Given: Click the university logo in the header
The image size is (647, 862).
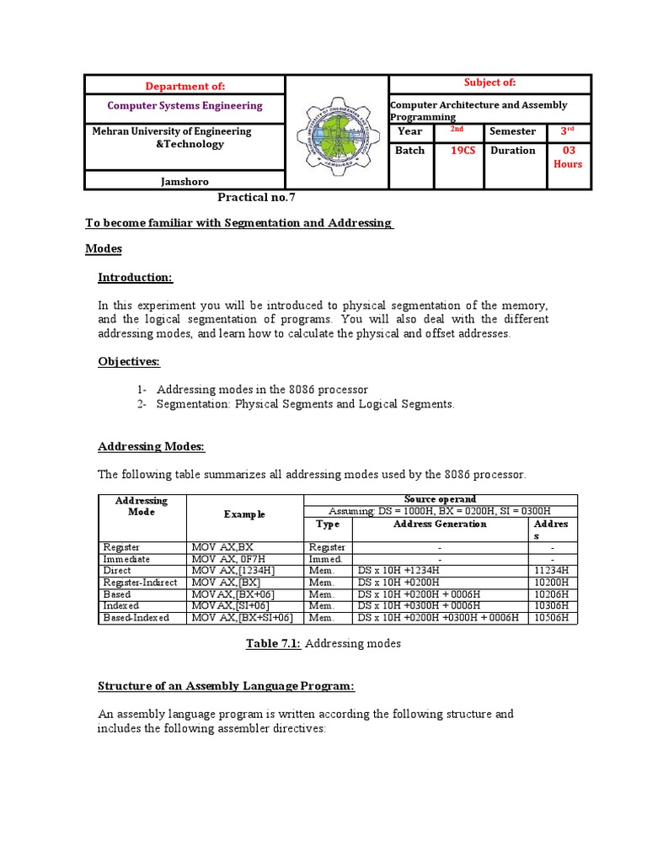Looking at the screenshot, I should coord(336,131).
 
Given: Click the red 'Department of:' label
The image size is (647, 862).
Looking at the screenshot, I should coord(184,86).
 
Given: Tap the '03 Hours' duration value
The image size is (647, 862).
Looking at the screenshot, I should coord(567,157).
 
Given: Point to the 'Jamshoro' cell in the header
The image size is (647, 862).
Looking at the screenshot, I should coord(184,181).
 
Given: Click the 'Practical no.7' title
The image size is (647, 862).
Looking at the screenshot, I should coord(257,198).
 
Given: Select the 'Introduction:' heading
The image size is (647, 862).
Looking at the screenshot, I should coord(135,278).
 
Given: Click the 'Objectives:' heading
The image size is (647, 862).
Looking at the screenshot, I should coord(129,361).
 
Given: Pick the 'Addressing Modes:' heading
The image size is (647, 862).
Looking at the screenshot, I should coord(152,446).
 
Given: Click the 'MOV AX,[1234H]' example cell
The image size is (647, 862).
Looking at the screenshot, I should coord(233,570).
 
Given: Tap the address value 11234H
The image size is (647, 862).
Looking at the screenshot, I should coord(552,570).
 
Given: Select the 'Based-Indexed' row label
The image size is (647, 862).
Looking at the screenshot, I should coord(135,617).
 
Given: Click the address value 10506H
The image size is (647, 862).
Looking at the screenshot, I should coord(552,617).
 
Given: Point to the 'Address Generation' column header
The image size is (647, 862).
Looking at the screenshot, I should coord(440,524).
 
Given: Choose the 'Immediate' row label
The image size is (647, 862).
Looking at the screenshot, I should coord(126,558).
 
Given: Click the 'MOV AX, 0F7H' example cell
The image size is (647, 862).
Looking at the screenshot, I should coord(228,558).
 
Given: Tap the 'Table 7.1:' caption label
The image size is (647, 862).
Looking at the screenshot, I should coord(273,644).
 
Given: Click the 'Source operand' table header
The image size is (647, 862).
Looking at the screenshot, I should coord(440,499).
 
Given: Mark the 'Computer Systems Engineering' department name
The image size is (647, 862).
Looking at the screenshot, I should coord(184,106).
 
